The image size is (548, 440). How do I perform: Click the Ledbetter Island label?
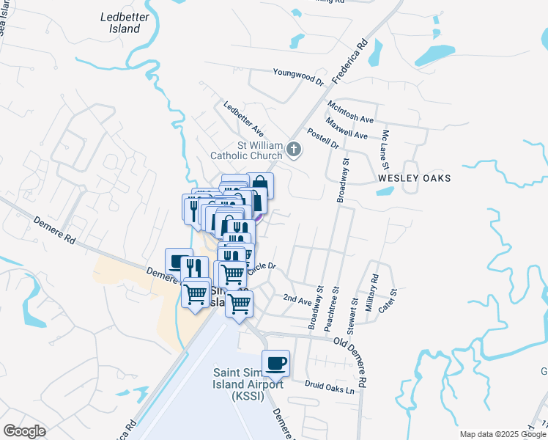point(120,23)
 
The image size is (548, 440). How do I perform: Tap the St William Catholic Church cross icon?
point(294,150)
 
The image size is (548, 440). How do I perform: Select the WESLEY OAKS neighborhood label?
point(414,178)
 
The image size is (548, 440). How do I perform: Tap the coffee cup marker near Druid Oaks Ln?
point(275,362)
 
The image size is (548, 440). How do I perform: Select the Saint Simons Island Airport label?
point(248,384)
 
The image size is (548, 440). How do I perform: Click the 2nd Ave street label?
point(297,299)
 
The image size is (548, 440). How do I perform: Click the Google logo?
point(24,431)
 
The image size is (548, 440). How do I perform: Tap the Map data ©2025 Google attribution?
point(502,434)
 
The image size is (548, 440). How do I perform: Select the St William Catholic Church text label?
point(247,150)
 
